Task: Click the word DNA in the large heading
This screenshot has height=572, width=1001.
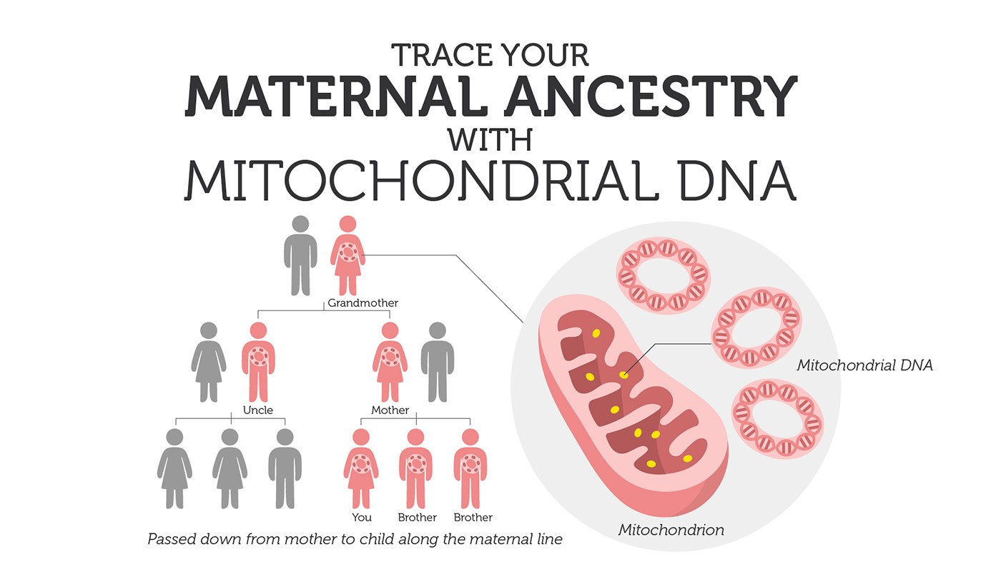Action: coord(738,180)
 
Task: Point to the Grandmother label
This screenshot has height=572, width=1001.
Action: coord(363,303)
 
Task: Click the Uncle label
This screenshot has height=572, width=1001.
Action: coord(258,410)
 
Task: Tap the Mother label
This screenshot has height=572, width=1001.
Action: coord(390,410)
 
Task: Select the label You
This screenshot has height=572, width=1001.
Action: coord(362,518)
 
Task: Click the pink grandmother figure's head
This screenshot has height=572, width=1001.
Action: coord(347,224)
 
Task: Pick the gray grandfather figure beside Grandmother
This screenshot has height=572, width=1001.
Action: coord(301,256)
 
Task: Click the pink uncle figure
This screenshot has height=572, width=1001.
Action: coord(258,362)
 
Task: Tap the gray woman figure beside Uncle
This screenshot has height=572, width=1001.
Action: coord(209,362)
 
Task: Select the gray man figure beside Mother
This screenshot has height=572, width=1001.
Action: coord(438,362)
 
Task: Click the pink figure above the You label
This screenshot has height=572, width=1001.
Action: coord(361,469)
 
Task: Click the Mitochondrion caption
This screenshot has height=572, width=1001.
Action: coord(671,530)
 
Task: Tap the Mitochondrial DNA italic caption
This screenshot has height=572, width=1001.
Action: coord(864,365)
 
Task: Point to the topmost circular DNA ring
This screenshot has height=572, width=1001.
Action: coord(664,275)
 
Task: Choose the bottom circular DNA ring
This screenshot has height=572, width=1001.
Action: coord(778,418)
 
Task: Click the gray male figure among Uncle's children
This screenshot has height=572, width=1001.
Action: coord(285,469)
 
